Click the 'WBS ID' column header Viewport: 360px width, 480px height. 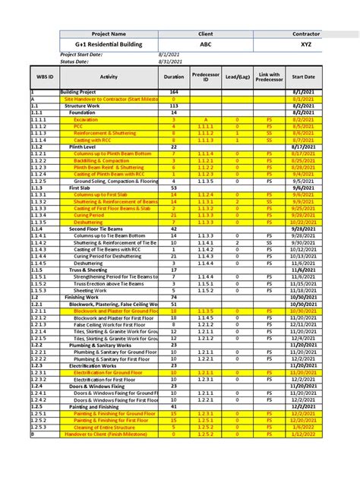(x=45, y=77)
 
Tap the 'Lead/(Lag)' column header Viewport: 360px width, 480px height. (x=237, y=77)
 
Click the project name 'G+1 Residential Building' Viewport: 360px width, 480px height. (x=109, y=45)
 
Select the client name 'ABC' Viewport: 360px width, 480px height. (x=206, y=45)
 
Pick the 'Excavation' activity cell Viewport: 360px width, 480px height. (x=86, y=120)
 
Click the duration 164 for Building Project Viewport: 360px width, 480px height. (x=174, y=91)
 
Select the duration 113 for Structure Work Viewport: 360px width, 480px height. (x=174, y=106)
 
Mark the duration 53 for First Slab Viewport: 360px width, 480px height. (x=174, y=187)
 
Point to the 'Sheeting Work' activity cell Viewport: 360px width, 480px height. (x=90, y=291)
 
